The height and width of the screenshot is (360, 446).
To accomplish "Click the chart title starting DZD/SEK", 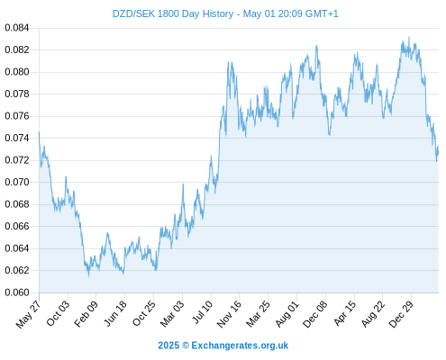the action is [x=225, y=13].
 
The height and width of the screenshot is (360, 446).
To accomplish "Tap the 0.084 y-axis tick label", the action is [x=17, y=28].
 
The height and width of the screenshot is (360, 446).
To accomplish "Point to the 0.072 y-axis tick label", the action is [x=17, y=160].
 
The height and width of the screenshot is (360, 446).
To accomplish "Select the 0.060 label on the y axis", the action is [x=17, y=292].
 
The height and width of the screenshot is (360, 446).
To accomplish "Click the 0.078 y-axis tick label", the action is [x=17, y=94].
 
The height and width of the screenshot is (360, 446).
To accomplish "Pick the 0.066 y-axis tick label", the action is [x=17, y=226].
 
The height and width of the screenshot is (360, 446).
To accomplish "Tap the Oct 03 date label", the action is [x=58, y=313].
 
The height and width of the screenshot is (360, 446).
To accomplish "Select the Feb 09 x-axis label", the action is [x=86, y=314].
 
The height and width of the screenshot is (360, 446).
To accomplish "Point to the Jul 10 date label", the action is [x=202, y=312].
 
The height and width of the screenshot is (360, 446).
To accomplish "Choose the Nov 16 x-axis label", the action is [x=229, y=314].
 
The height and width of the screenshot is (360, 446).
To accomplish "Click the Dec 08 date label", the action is [x=314, y=314].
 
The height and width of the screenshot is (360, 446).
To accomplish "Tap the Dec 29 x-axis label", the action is [x=401, y=314].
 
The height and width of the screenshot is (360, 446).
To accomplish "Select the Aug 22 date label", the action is [x=372, y=314].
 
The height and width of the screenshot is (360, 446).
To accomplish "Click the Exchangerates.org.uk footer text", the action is [x=240, y=346].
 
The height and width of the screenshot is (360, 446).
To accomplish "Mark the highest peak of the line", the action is [x=409, y=37].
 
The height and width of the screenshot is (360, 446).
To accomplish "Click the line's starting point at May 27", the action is [x=39, y=132].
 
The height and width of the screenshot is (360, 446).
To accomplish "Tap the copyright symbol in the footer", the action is [x=186, y=346].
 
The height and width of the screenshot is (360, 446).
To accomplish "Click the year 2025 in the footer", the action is [x=168, y=346].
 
